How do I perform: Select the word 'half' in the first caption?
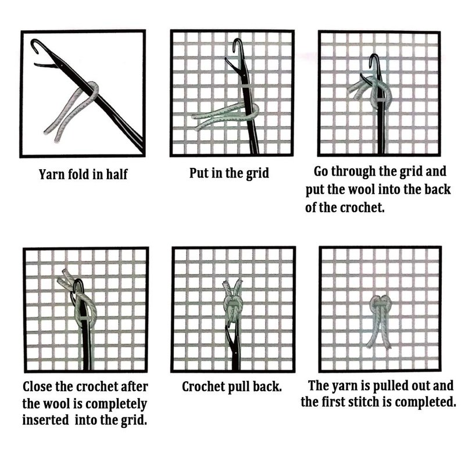[117, 174]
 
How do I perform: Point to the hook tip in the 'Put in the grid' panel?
[234, 51]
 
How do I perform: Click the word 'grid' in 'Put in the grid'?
[257, 173]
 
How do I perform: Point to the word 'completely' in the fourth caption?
[119, 404]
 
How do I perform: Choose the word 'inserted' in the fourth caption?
[45, 420]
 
